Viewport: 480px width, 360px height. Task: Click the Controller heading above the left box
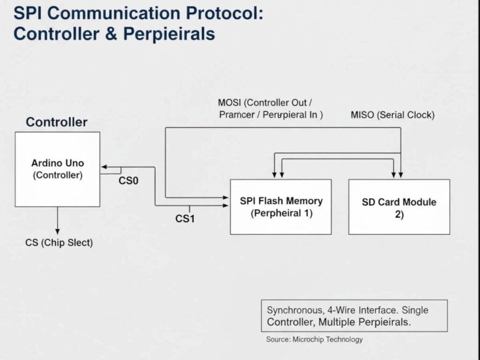56,122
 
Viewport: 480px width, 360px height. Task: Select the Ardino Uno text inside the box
58,163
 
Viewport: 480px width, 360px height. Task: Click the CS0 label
128,180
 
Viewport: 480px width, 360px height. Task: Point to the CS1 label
185,218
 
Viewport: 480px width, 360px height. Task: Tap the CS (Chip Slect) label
59,243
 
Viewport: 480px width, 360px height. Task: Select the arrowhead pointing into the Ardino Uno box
104,167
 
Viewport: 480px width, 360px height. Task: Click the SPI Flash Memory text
281,201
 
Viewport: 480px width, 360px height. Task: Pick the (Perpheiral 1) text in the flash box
281,213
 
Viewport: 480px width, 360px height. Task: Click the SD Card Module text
399,202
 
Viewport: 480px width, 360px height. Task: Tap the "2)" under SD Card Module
399,215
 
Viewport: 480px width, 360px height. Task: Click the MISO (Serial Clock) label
392,115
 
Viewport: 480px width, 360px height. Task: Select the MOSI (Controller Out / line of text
265,103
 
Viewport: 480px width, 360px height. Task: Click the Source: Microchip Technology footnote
314,339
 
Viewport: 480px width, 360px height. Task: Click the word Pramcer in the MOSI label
236,115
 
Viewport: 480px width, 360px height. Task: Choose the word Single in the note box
415,310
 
